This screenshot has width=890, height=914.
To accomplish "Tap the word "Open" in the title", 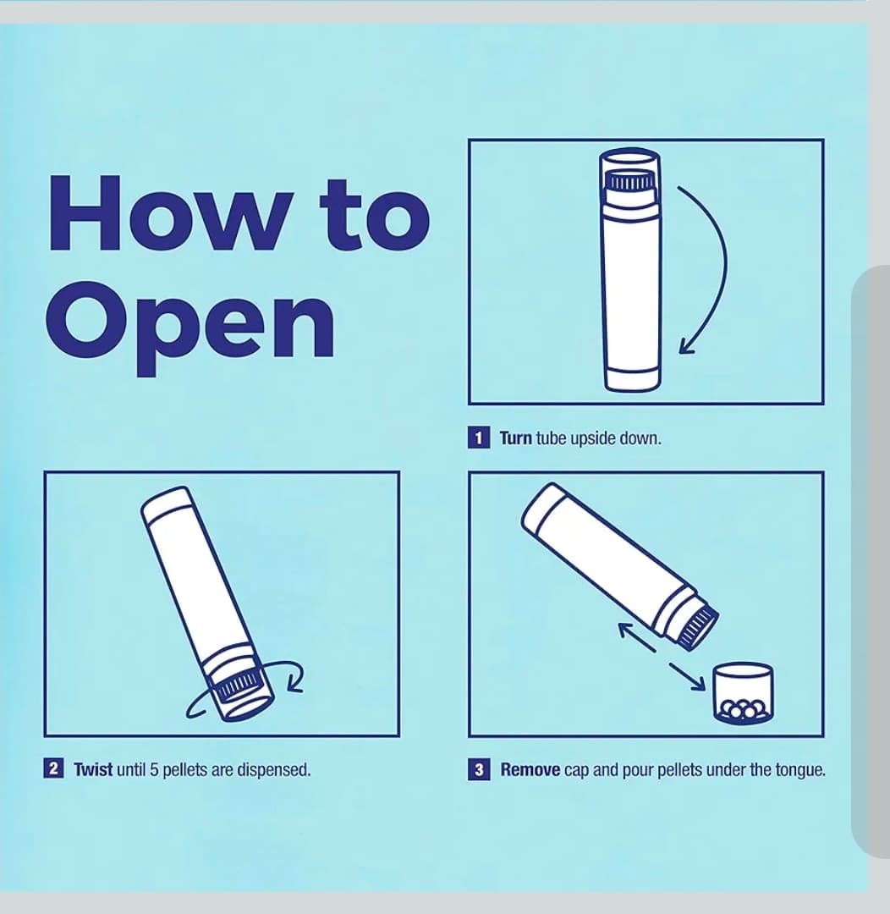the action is [190, 328].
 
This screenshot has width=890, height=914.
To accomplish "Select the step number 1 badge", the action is [479, 438].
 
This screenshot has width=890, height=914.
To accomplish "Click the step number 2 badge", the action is [53, 768].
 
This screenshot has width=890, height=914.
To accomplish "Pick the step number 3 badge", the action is [479, 769].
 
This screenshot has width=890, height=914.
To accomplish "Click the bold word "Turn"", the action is [516, 438].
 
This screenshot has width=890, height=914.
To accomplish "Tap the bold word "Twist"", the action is [93, 769].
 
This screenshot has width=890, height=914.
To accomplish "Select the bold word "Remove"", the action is [530, 770].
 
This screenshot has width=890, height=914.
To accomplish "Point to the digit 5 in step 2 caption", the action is [154, 769].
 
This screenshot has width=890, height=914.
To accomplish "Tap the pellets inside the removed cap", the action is [744, 709].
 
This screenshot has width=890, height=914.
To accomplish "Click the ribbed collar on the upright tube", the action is [630, 181].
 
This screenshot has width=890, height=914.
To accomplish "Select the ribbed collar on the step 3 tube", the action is [698, 625].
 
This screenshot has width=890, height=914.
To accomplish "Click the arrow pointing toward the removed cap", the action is [688, 676].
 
